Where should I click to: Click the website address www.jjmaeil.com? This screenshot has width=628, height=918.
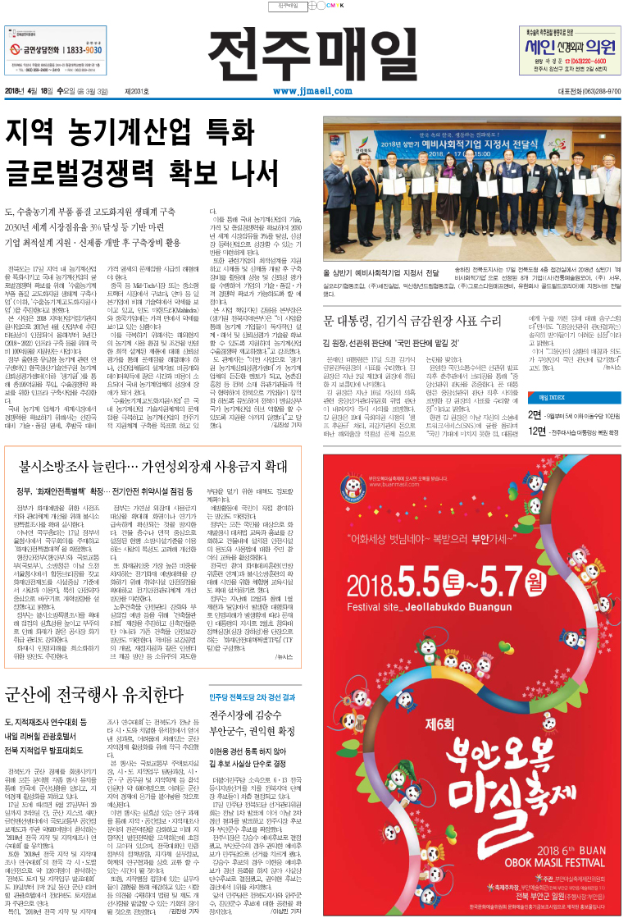pyautogui.click(x=306, y=91)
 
